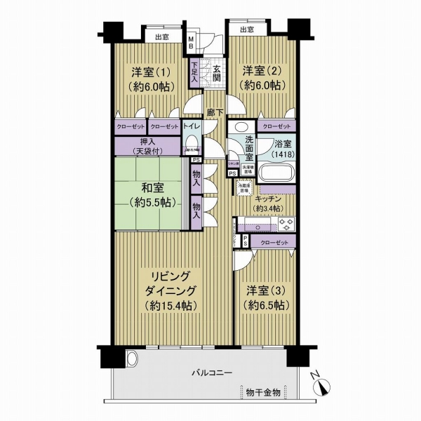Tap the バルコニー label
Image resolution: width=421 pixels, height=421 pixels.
point(210,373)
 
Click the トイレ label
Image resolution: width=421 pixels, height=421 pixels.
point(192,126)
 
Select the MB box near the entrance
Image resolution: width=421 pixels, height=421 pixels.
point(191,42)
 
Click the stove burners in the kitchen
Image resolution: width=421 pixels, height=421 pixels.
point(287,225)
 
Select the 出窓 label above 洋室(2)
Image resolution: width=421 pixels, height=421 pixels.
point(246,30)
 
